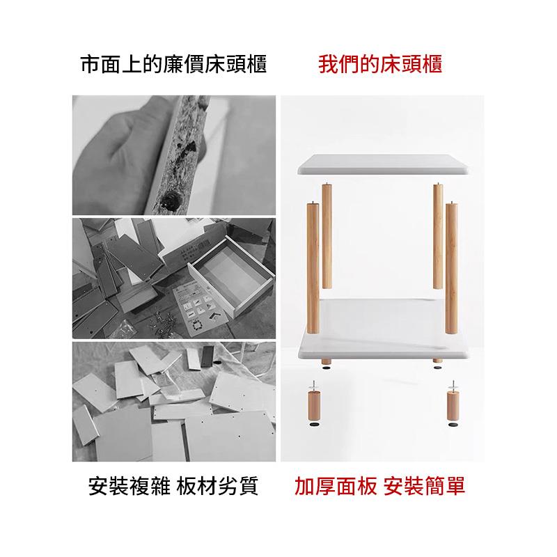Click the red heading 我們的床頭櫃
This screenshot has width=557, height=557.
[x=380, y=65]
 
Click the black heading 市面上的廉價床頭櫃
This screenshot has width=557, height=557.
[x=174, y=65]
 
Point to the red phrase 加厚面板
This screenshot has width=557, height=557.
[x=333, y=485]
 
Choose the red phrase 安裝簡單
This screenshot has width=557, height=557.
[x=423, y=485]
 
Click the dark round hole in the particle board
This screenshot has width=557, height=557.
[x=168, y=202]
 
